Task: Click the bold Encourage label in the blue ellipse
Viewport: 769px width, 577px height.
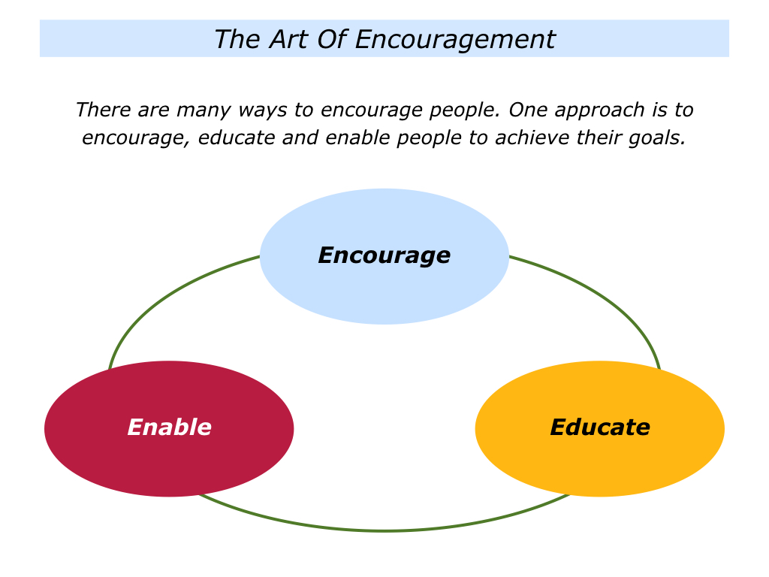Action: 384,255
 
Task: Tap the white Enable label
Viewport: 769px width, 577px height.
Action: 169,427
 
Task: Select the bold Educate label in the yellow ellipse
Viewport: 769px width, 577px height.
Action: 599,427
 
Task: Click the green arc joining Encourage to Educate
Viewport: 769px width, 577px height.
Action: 601,297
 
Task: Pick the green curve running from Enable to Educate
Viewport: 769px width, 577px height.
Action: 384,530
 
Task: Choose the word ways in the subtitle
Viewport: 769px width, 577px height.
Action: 264,110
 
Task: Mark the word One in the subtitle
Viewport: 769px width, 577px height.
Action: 526,110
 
